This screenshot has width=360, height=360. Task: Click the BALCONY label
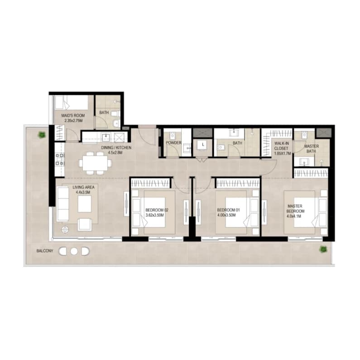pos(45,251)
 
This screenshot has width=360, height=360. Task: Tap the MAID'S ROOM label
pos(73,115)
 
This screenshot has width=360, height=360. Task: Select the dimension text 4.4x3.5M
pos(83,192)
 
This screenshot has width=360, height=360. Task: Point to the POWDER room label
pos(173,143)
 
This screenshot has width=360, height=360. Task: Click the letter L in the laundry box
pos(203,145)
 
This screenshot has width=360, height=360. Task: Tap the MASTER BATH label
pos(312,149)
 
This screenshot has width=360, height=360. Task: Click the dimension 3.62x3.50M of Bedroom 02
pos(155,215)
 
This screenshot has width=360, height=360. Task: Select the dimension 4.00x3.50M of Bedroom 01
pos(226,215)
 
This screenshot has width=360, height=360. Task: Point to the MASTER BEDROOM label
pos(295,208)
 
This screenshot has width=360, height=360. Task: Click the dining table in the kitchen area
pos(95,163)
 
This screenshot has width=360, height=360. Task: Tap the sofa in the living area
pos(63,204)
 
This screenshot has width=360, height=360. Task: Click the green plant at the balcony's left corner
pos(42,135)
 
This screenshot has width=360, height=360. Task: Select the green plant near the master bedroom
pos(323,249)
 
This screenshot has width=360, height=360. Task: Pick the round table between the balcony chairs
pos(74,251)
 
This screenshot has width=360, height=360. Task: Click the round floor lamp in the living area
pos(65,229)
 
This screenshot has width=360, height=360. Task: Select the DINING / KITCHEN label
pos(116,147)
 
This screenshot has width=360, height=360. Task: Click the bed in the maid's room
pos(71,102)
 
